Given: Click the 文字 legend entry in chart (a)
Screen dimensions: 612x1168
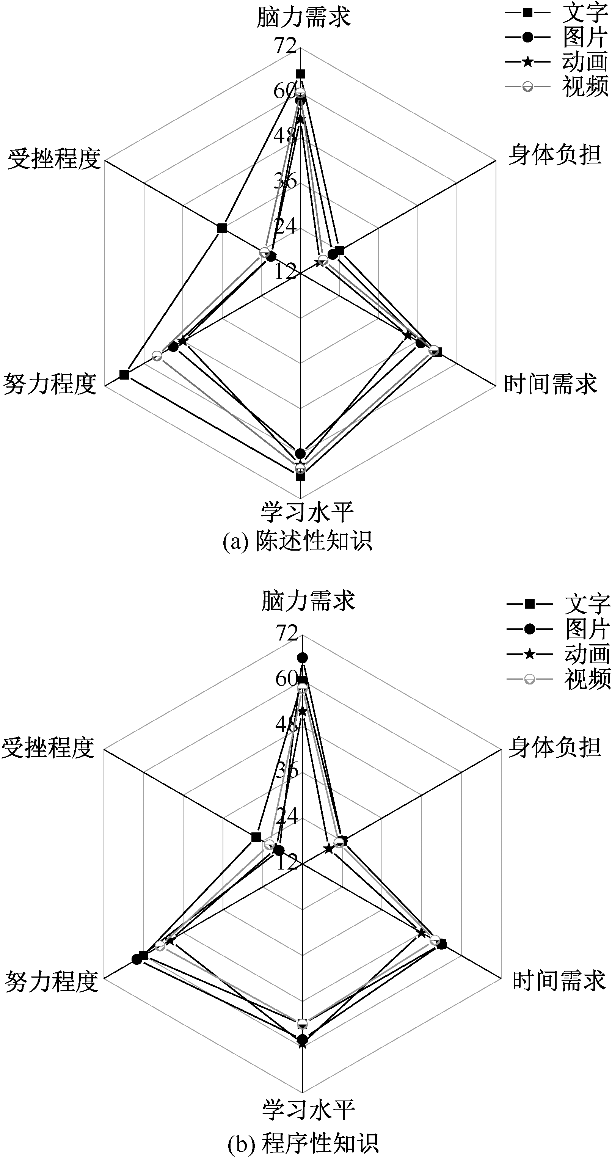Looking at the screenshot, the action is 557,13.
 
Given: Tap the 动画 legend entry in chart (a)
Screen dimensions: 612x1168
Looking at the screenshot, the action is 557,62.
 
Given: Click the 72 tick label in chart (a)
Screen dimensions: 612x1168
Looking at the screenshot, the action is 285,46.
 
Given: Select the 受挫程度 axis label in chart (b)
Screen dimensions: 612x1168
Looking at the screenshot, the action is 48,748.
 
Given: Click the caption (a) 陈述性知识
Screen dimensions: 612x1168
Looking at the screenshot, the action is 297,541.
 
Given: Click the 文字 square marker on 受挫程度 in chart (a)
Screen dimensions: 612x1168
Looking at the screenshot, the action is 222,228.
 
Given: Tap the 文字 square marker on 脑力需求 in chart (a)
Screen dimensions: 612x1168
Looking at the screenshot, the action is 300,74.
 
